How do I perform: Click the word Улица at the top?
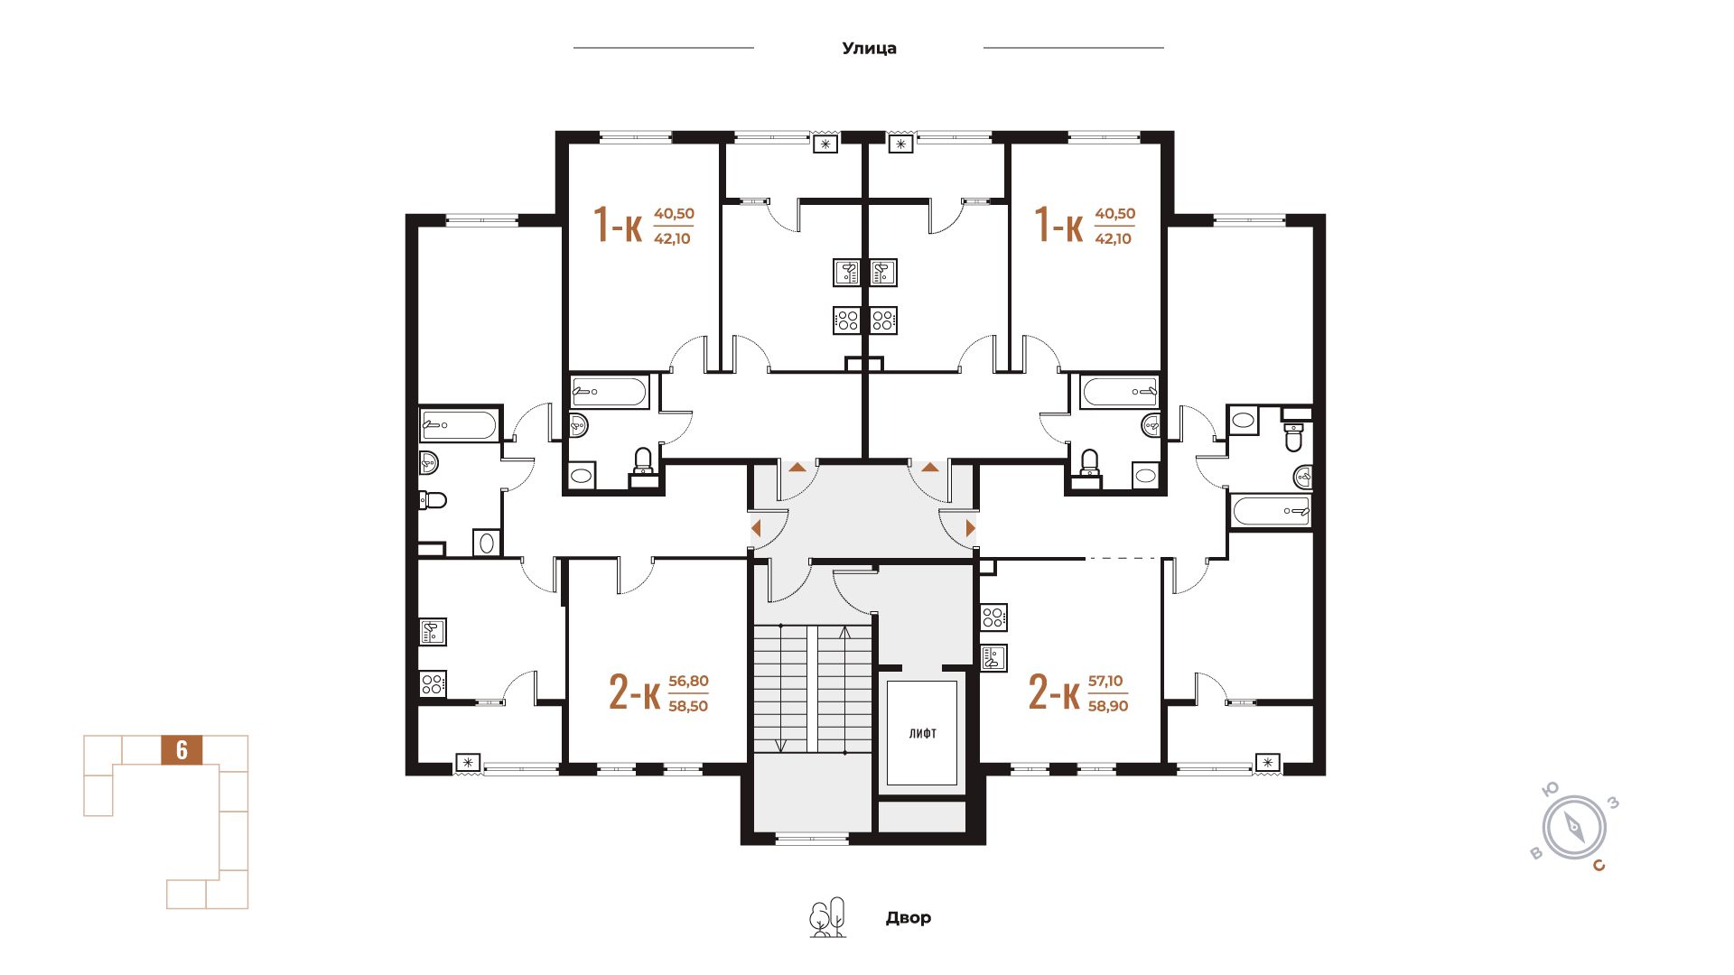point(869,49)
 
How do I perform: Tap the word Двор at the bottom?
point(908,918)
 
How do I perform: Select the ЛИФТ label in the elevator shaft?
point(922,734)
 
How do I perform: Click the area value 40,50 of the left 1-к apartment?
point(674,214)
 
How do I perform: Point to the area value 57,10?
point(1106,682)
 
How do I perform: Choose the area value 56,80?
point(688,682)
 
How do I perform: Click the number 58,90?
point(1108,706)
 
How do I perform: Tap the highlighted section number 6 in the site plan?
point(182,750)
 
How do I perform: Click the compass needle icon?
point(1574,827)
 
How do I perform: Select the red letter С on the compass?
point(1599,867)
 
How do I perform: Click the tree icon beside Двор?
point(827,917)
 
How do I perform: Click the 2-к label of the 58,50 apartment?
point(634,694)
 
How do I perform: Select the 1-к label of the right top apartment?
point(1058,225)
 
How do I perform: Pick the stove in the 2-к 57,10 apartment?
point(993,617)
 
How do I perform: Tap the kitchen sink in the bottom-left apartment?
point(433,631)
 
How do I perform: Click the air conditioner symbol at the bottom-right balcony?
point(1269,764)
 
